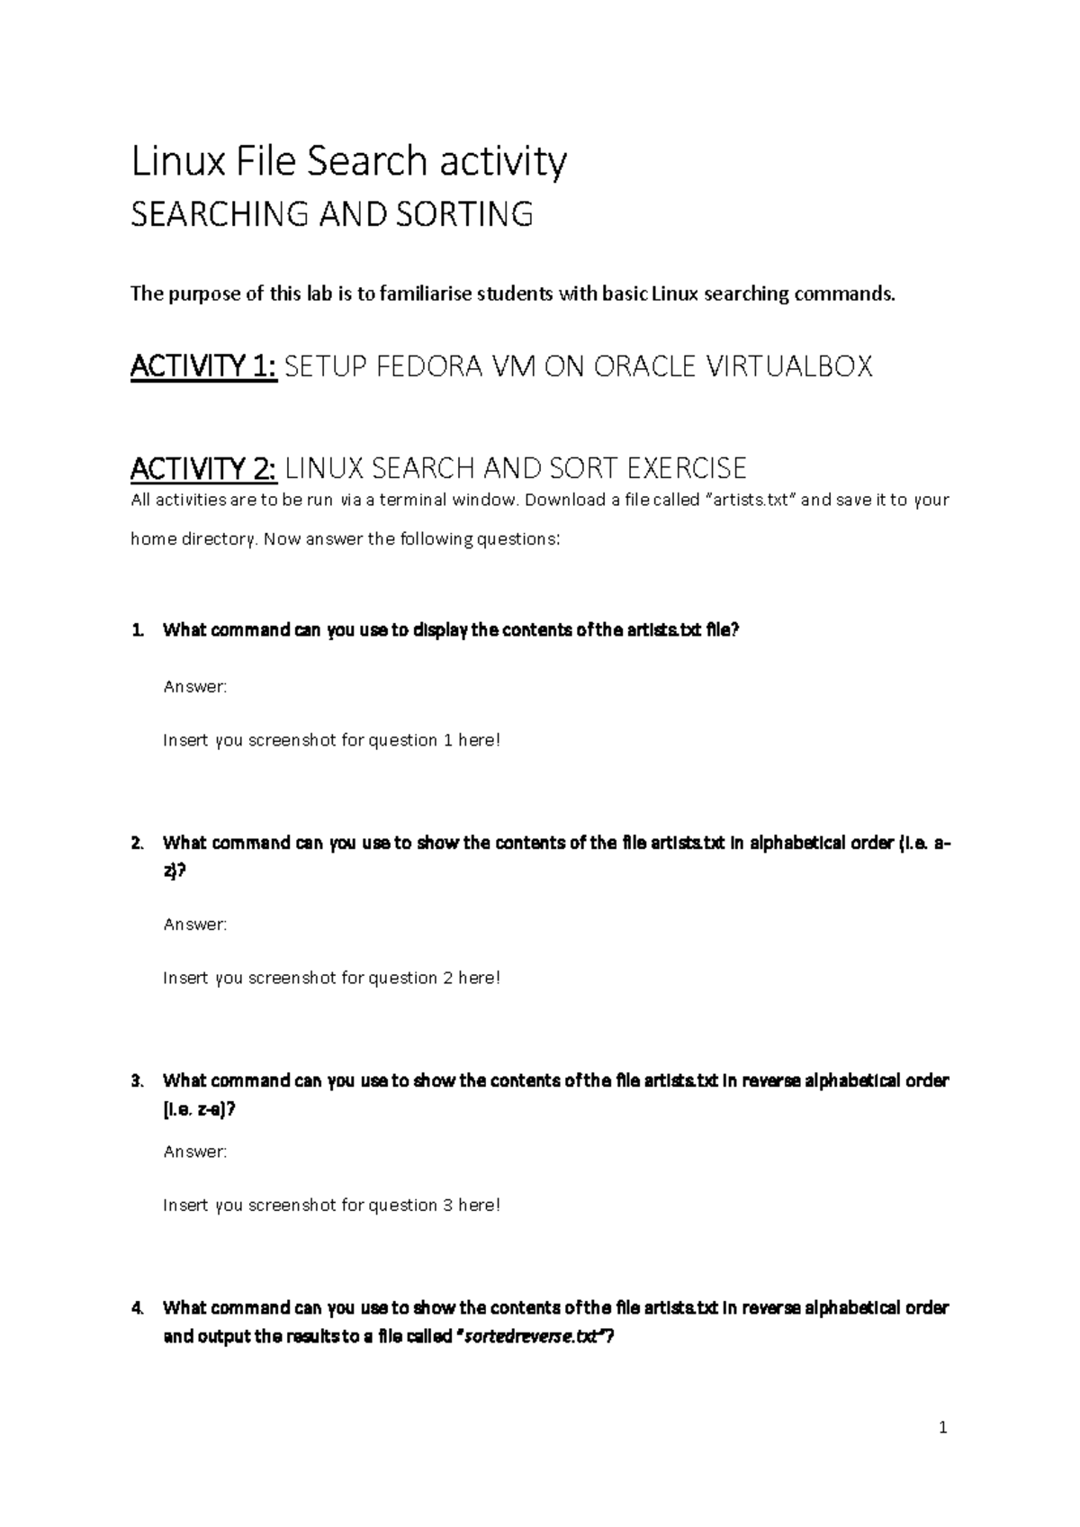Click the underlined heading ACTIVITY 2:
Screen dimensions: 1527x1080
click(x=204, y=468)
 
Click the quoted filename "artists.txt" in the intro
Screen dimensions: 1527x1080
click(x=748, y=500)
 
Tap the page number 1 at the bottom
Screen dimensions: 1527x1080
click(x=942, y=1427)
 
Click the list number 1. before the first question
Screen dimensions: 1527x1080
click(x=137, y=630)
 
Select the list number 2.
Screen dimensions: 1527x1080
click(x=137, y=844)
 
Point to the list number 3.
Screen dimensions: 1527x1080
click(x=137, y=1080)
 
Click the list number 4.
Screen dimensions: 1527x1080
click(x=137, y=1307)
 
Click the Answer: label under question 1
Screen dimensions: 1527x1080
click(x=195, y=687)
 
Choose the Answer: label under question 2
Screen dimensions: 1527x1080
click(x=195, y=924)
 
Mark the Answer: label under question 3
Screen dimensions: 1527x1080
click(x=195, y=1152)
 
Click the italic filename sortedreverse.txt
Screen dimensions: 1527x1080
click(x=530, y=1337)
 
